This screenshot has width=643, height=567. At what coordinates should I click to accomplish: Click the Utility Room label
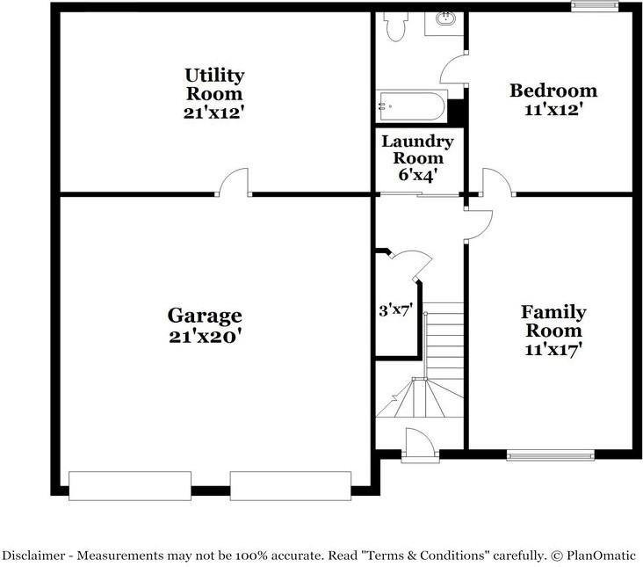click(x=214, y=84)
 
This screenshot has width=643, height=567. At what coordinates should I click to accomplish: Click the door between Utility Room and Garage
click(x=235, y=183)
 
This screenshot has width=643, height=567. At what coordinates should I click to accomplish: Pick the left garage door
click(x=130, y=485)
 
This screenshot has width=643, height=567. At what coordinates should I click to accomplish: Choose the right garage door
click(x=291, y=485)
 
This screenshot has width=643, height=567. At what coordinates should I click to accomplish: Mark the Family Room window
click(x=550, y=455)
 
